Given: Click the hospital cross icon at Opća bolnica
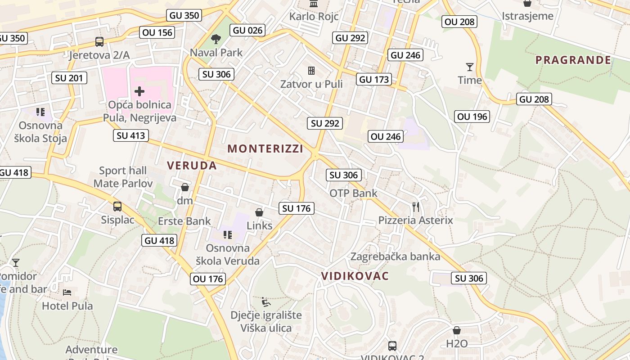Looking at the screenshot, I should click(139, 91).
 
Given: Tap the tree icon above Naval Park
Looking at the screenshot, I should click(216, 39).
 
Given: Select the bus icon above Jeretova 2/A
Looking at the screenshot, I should click(99, 42).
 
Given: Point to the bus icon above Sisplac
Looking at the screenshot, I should click(117, 207).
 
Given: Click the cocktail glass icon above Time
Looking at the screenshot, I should click(469, 67).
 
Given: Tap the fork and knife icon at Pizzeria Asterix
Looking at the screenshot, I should click(416, 207).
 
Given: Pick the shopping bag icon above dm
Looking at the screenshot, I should click(184, 187).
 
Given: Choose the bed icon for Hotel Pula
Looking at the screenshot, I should click(67, 292).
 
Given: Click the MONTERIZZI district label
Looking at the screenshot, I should click(265, 148).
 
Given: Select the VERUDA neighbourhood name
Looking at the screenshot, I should click(192, 165).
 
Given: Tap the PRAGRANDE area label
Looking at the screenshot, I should click(573, 60).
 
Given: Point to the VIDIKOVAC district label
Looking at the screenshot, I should click(355, 276).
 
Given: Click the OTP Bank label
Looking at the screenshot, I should click(353, 193).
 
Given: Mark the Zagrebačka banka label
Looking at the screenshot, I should click(395, 256).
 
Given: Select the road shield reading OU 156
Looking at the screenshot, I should click(157, 32).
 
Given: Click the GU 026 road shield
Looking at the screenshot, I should click(247, 30).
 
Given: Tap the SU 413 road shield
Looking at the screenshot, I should click(131, 135).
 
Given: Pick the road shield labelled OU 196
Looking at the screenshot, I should click(472, 117).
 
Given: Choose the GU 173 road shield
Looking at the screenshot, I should click(374, 80).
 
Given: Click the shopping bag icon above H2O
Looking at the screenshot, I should click(457, 330).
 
